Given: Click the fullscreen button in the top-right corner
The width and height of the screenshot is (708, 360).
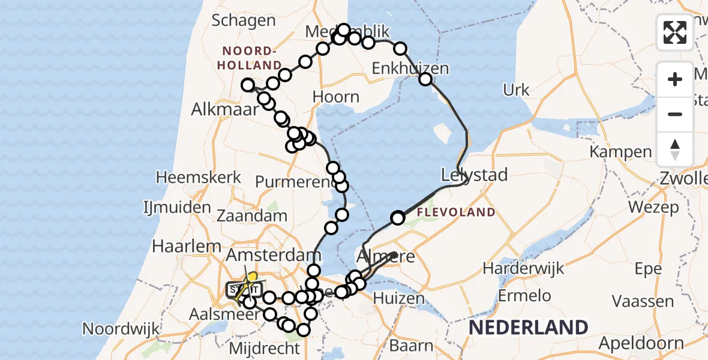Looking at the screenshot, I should [x=675, y=32].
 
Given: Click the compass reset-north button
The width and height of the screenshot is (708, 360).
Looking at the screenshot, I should [x=675, y=149].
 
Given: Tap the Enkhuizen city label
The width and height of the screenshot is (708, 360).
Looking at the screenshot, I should [x=410, y=68].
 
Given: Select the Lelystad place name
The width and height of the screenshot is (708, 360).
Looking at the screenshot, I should [x=474, y=175].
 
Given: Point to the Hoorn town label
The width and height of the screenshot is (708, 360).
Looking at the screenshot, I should [x=336, y=97].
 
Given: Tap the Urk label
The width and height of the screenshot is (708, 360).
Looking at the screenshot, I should [x=516, y=90].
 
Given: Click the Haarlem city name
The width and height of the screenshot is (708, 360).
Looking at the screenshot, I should [x=179, y=246].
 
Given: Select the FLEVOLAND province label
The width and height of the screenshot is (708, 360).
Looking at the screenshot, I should [x=456, y=212].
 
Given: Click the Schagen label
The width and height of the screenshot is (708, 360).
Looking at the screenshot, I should [x=243, y=20].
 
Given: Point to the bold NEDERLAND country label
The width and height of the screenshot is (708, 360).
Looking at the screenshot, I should [x=528, y=327].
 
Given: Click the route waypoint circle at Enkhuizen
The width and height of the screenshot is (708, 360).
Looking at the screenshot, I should [x=425, y=79].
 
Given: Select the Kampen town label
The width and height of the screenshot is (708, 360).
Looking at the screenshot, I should [x=620, y=152].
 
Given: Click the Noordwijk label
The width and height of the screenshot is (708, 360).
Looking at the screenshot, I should [x=121, y=329].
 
